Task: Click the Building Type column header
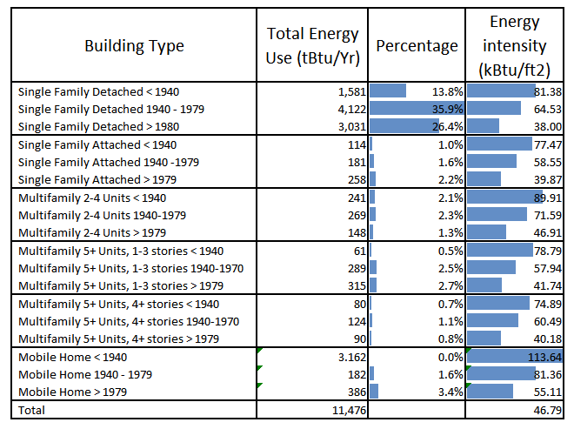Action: [134, 46]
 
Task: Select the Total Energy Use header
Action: [312, 46]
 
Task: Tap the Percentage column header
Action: [417, 46]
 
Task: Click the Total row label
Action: [32, 409]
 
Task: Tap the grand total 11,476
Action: [341, 409]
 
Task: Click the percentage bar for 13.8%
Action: [388, 90]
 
